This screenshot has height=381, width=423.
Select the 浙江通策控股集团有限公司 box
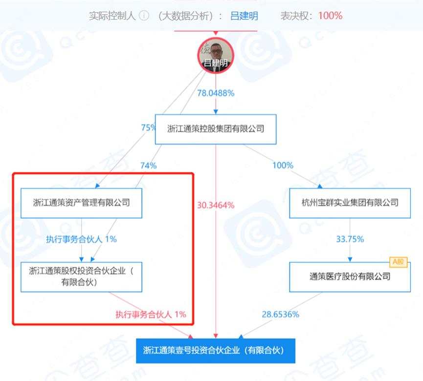coord(216,129)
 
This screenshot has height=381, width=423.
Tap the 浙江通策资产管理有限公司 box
coord(81,202)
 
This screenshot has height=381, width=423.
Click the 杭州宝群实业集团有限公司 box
coord(350,202)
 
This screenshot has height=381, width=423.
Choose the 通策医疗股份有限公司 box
coord(350,276)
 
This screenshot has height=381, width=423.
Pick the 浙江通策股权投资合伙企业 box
coord(81,276)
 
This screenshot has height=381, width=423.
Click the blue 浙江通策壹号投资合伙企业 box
coord(216,350)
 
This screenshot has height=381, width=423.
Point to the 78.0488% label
coord(216,93)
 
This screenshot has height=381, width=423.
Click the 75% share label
coord(148,128)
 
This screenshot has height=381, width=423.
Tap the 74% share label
coord(148,166)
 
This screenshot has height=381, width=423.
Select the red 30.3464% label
coord(216,205)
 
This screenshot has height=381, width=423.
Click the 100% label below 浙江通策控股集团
coord(283,166)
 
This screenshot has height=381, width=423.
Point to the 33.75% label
coord(350,239)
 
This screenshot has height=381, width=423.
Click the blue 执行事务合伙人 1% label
coord(81,239)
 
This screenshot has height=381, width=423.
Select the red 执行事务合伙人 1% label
coord(151,314)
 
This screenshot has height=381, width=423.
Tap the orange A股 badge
coord(399,262)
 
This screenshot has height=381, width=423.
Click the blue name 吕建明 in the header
coord(244,16)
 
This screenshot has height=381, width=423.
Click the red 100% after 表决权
coord(330,16)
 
